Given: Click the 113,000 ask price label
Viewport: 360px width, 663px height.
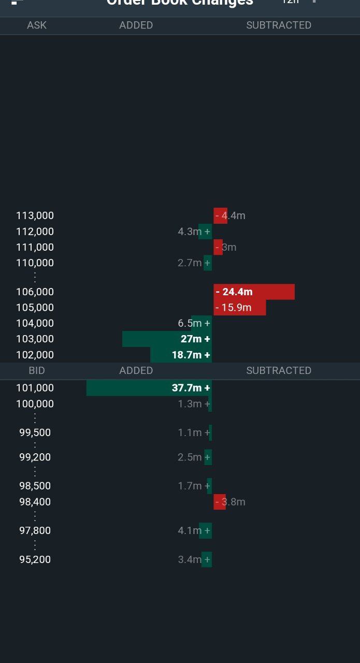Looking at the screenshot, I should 35,215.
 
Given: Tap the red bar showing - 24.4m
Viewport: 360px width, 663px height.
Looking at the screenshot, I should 254,292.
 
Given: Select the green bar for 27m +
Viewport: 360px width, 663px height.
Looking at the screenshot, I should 167,339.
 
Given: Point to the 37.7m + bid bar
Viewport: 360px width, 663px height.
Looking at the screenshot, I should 149,387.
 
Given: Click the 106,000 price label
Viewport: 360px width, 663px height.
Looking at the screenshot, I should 35,292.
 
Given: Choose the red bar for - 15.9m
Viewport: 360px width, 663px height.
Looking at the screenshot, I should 239,308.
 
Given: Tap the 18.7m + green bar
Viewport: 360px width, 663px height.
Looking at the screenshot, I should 181,355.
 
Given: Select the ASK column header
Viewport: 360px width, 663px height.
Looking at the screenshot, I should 37,25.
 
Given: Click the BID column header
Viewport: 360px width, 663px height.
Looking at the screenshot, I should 37,370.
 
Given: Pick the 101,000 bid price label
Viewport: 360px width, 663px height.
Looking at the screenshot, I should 35,387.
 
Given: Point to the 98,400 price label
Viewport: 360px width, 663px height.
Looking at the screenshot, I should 35,501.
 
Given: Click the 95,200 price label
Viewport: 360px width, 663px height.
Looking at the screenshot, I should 35,559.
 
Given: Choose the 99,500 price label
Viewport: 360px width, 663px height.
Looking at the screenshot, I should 35,433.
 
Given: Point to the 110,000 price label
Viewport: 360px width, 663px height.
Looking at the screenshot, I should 35,263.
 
